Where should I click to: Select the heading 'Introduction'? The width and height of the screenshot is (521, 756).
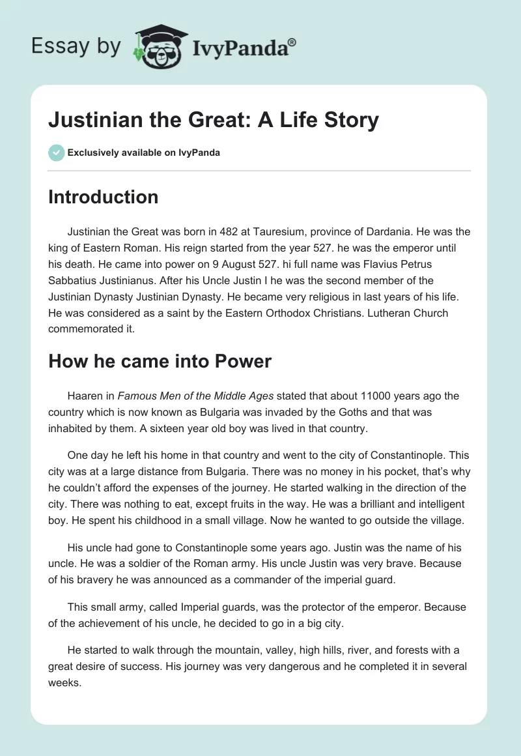(x=103, y=197)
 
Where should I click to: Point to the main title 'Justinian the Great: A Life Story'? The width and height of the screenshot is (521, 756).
(x=213, y=121)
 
